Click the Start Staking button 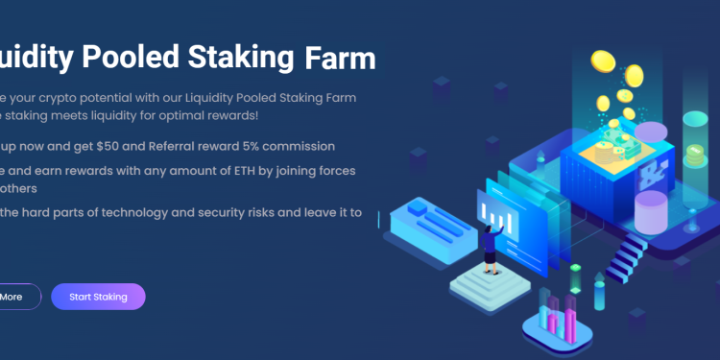[98, 297]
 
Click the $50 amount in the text [134, 146]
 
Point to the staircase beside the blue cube [629, 254]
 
